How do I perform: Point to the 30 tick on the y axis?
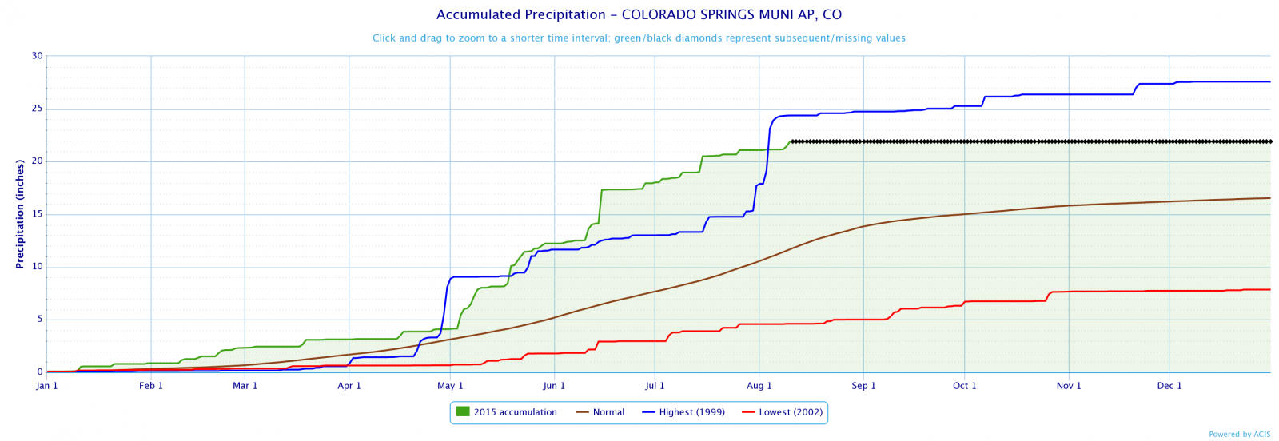point(37,56)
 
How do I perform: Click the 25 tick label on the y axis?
point(37,109)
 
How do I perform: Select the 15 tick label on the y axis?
point(37,214)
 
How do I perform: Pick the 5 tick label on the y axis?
point(39,320)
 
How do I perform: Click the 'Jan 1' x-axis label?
point(47,386)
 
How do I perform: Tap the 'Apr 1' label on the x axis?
point(349,386)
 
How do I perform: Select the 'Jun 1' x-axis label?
point(554,386)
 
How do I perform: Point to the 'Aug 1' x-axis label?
point(759,386)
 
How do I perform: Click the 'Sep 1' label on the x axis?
point(863,386)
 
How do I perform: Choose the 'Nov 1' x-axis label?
point(1069,386)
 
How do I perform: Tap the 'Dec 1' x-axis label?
point(1169,386)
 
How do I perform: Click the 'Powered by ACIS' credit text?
point(1239,435)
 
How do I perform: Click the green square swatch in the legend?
point(462,411)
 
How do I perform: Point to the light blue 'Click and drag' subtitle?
point(639,38)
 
